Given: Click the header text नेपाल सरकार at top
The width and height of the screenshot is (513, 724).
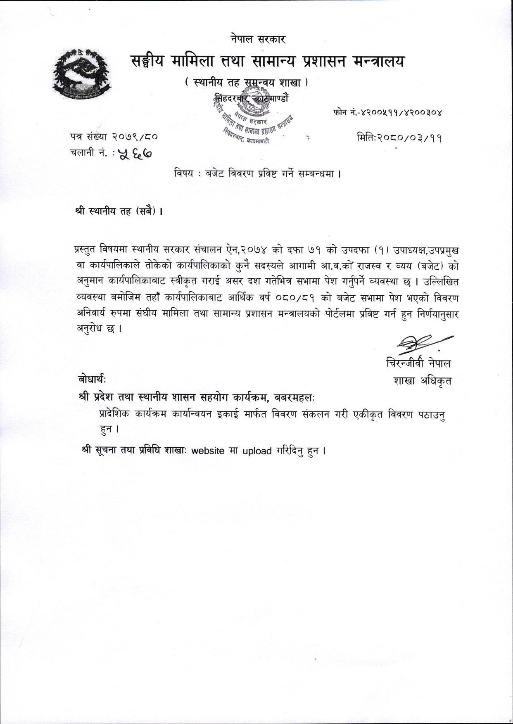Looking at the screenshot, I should pos(258,40).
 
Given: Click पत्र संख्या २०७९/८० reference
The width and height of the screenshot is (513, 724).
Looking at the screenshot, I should pos(114,136).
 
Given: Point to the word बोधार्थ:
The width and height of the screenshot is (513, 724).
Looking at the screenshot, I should pos(92,378).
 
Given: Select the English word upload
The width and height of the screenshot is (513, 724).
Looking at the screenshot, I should pos(257,451).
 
